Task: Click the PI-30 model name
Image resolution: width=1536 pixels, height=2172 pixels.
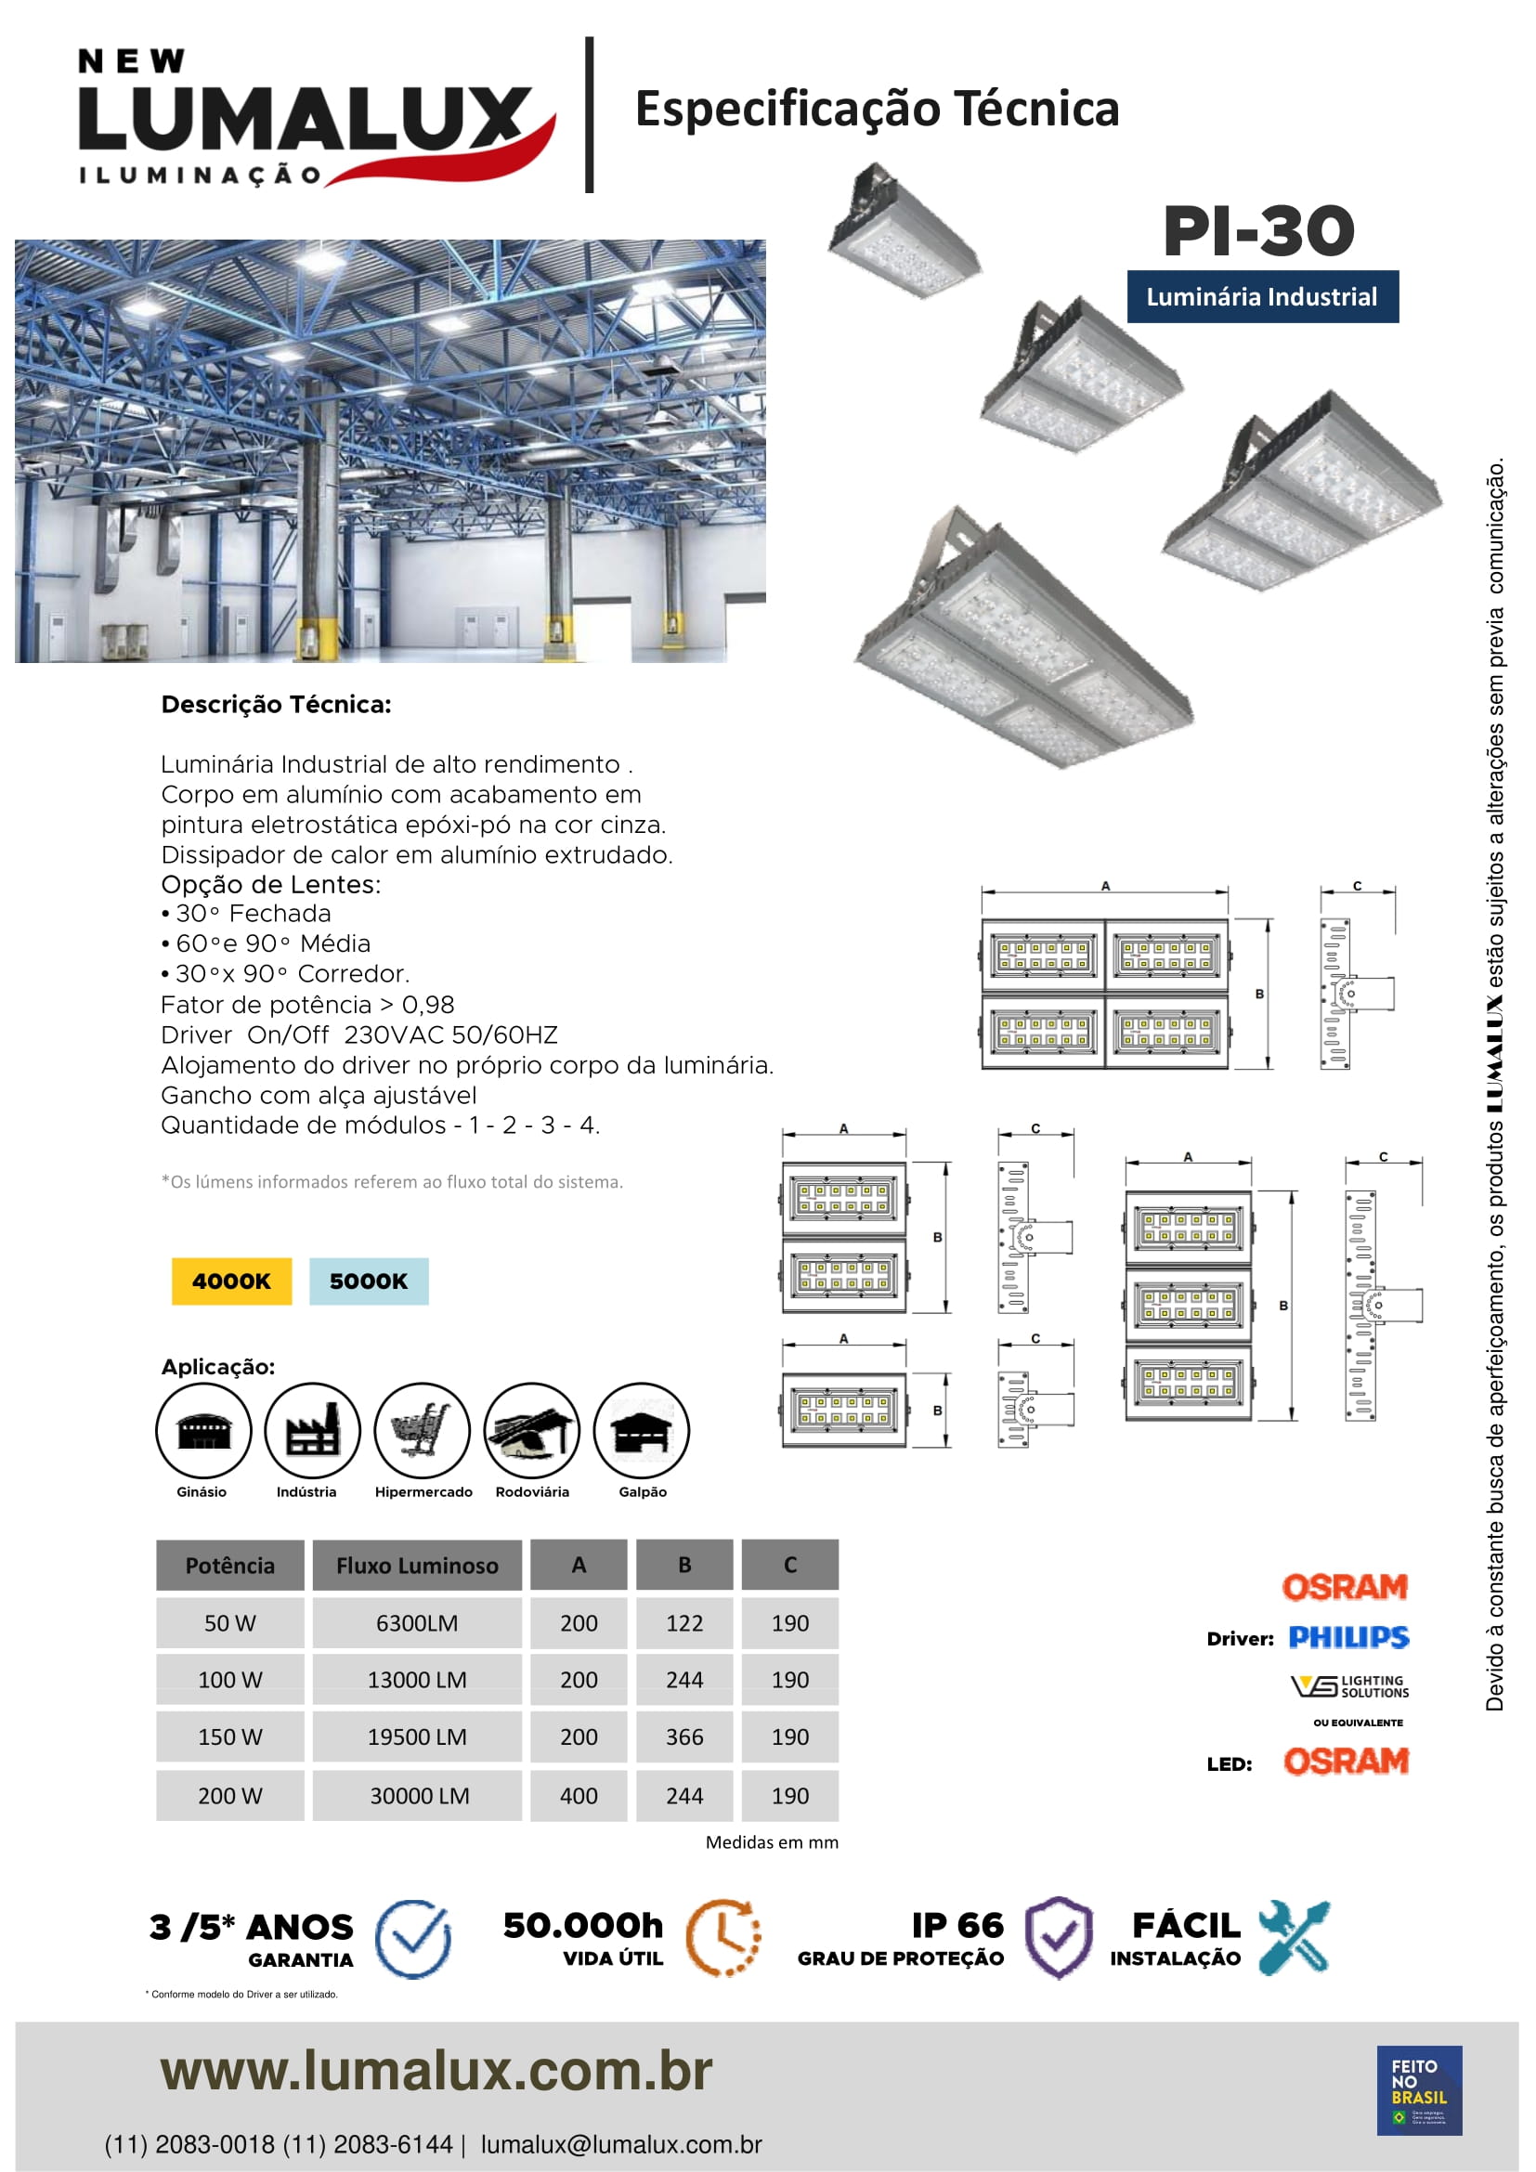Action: click(x=1258, y=231)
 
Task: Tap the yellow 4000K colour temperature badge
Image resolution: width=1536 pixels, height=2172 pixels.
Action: click(x=232, y=1281)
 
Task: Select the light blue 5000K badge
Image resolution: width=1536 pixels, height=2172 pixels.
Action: click(x=369, y=1281)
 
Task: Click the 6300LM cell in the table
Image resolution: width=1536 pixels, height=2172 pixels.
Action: click(x=417, y=1622)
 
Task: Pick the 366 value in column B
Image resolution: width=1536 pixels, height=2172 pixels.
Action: click(x=683, y=1736)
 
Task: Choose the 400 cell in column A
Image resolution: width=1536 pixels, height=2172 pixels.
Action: click(x=578, y=1795)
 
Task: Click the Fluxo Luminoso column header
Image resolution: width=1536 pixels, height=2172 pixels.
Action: click(x=417, y=1565)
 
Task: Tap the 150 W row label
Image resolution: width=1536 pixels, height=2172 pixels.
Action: click(x=229, y=1736)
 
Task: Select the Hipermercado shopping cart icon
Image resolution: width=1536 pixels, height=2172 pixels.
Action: click(x=422, y=1429)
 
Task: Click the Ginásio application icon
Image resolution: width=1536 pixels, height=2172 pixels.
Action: click(x=203, y=1429)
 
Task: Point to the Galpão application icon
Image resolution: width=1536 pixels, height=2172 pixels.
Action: click(x=642, y=1429)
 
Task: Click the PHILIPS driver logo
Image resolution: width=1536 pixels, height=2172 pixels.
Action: click(x=1348, y=1636)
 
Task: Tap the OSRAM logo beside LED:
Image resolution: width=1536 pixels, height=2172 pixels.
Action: click(x=1346, y=1761)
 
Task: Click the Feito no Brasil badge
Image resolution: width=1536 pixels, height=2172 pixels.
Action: click(x=1419, y=2089)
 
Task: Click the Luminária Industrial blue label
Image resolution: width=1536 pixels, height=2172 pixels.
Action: click(x=1262, y=297)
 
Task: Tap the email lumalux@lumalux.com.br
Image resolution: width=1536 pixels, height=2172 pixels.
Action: click(x=620, y=2144)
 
